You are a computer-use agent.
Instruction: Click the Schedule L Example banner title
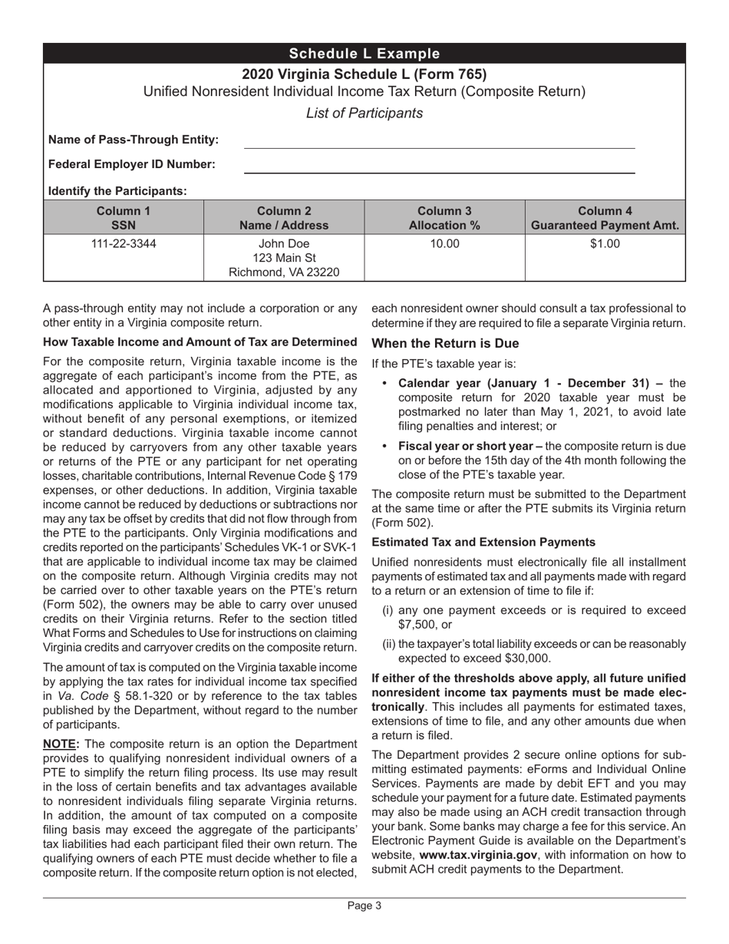point(364,54)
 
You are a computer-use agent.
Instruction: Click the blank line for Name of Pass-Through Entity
point(439,142)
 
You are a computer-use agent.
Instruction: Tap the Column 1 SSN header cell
point(124,218)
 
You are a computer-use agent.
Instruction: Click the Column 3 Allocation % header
point(444,218)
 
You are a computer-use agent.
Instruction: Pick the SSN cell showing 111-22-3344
point(124,245)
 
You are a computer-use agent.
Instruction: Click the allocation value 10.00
point(444,245)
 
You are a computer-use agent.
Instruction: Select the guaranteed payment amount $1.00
point(605,245)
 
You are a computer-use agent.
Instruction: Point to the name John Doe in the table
point(284,245)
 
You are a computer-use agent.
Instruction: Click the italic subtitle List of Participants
point(364,114)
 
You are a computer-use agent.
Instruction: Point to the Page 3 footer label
point(364,906)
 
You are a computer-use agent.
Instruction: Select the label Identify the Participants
point(117,191)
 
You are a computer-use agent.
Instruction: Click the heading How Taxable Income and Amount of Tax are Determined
point(200,342)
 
